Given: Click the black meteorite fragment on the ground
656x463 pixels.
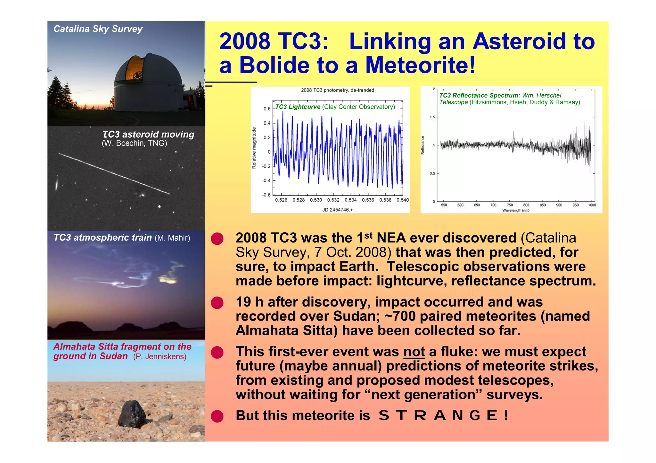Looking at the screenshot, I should (132, 414).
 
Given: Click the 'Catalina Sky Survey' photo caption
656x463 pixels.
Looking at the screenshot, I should (98, 29).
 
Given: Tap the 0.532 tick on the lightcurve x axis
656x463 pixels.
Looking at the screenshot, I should (333, 200).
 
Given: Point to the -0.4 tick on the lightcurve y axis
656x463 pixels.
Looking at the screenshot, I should (266, 180).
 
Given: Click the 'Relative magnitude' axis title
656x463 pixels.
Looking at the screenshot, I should (254, 148).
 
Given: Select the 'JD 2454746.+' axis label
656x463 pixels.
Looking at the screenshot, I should (337, 210).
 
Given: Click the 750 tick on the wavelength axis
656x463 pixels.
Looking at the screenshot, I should (510, 205).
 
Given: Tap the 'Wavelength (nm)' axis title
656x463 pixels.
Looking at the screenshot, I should (515, 210).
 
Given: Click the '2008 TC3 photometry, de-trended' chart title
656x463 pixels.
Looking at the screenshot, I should (337, 90).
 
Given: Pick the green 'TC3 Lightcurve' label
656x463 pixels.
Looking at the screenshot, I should (298, 107).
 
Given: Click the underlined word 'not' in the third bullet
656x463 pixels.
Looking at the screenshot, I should (414, 352).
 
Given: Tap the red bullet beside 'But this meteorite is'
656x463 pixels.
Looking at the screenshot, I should (217, 416).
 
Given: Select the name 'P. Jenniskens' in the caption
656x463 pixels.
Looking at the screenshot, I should (160, 356).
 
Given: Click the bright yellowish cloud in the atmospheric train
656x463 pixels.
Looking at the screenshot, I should (168, 280).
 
